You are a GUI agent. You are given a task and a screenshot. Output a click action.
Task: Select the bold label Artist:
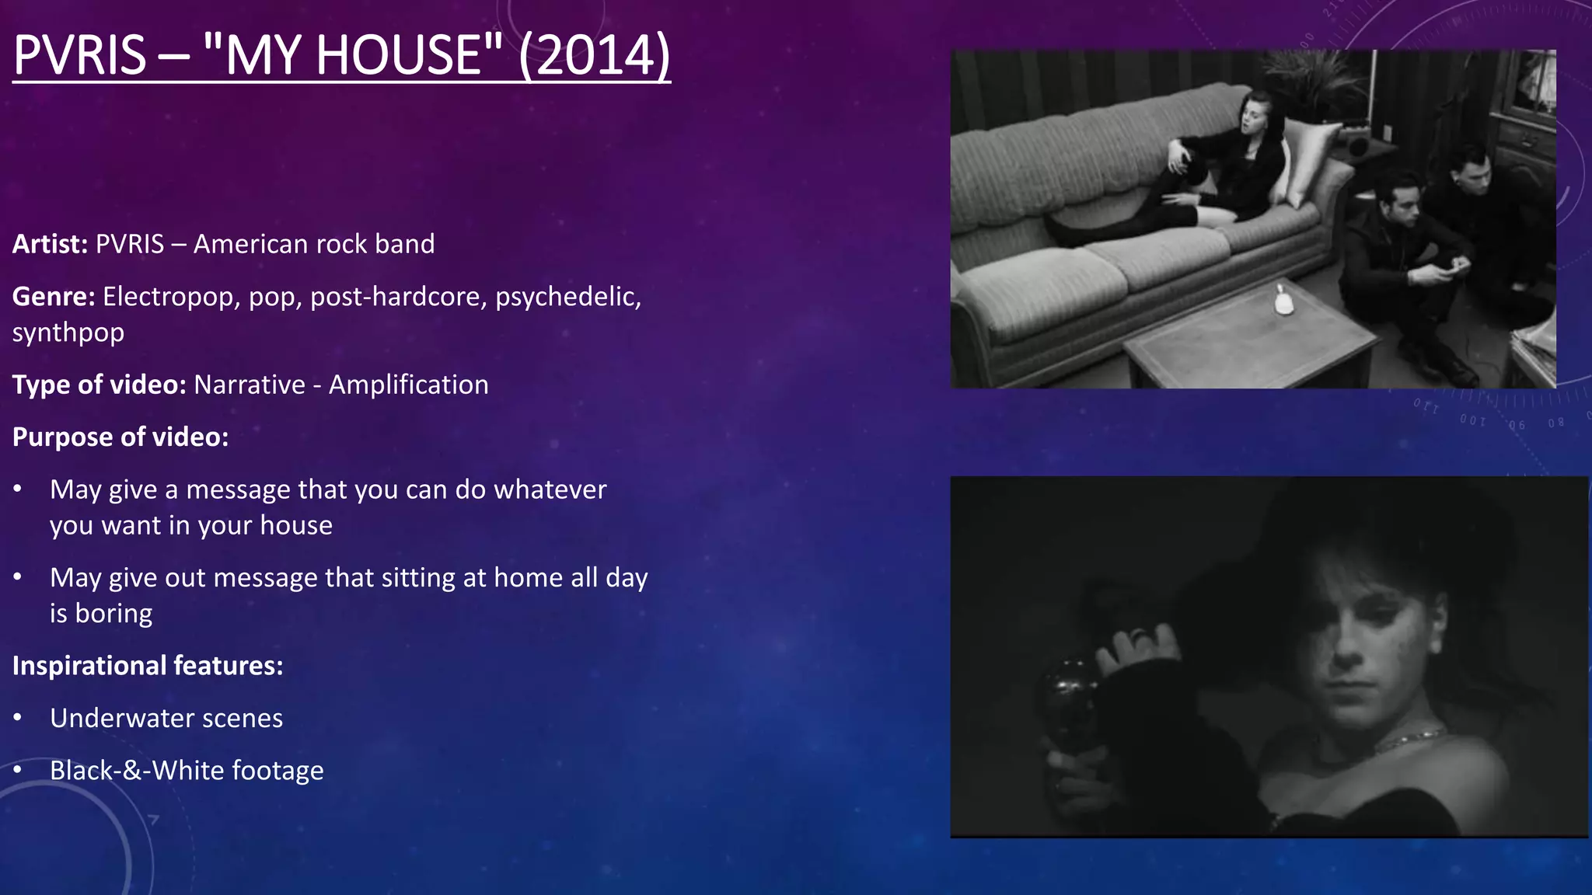click(x=50, y=244)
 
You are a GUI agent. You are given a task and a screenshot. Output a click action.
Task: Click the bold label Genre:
click(x=54, y=297)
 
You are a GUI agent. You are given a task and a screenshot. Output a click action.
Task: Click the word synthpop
click(x=68, y=333)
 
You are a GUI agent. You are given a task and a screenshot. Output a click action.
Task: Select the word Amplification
click(x=408, y=385)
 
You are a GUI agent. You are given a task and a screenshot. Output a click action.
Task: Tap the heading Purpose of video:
click(x=120, y=437)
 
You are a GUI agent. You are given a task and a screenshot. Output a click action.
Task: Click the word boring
click(x=113, y=614)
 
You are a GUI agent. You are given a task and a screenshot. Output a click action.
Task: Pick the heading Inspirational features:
click(x=148, y=666)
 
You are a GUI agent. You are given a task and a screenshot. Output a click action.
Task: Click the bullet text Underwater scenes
click(x=166, y=718)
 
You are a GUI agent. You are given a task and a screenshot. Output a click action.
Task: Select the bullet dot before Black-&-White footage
click(x=18, y=771)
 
